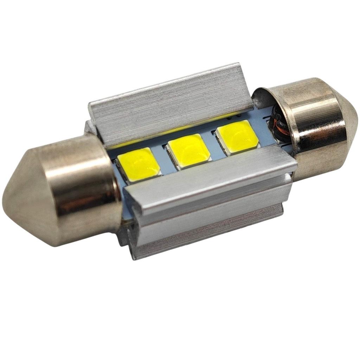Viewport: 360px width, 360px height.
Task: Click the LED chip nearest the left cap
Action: click(139, 165)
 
